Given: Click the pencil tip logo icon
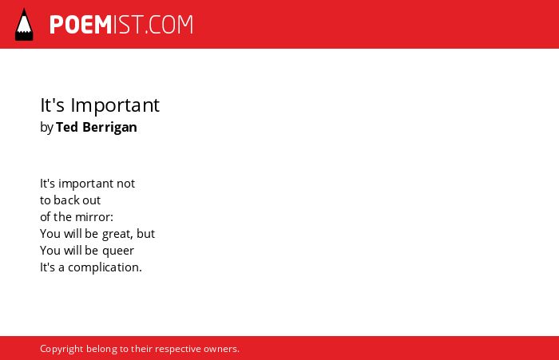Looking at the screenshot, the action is coord(24,25).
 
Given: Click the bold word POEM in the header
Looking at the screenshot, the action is coord(81,25).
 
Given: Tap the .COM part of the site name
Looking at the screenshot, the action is coord(169,25).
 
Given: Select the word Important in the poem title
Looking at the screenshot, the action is coord(115,105).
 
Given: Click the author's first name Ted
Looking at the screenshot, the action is coord(67,127).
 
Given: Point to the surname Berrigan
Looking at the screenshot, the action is coord(110,128).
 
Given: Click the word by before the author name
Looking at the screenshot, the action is coord(46,128).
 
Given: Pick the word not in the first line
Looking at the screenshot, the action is coord(126,184).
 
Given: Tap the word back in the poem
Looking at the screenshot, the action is coord(66,200).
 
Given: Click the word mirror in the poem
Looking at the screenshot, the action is coord(91,216).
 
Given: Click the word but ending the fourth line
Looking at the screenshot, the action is coord(146,233).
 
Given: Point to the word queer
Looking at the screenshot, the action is coord(118,251).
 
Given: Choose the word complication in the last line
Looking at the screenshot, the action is coord(105,267).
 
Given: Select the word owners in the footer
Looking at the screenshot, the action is coord(221,349).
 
